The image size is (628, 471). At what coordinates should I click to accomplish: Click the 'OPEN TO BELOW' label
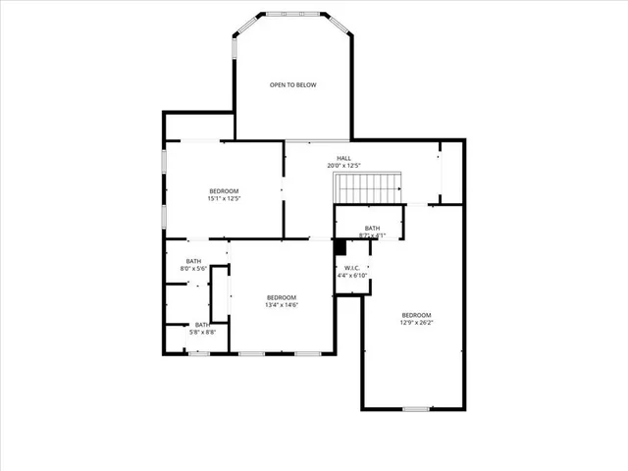click(293, 85)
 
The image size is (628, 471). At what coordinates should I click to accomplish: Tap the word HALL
click(343, 158)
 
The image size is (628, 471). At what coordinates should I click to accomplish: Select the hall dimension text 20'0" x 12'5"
click(343, 166)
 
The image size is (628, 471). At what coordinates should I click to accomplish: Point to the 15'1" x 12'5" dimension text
click(224, 198)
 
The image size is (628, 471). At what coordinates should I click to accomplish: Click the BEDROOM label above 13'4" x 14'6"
click(282, 297)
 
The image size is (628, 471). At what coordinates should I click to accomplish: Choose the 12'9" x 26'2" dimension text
click(416, 322)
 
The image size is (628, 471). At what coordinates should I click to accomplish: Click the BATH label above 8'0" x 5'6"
click(193, 260)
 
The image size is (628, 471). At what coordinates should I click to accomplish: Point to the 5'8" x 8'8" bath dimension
click(201, 333)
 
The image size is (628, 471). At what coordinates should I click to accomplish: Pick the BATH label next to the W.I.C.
click(372, 228)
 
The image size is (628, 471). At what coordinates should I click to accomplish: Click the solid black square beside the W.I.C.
click(340, 245)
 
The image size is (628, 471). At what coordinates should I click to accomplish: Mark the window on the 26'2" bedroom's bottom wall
click(415, 408)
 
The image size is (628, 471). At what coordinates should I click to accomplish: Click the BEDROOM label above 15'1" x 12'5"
click(224, 190)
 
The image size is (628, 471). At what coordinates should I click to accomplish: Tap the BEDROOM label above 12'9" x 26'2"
click(416, 314)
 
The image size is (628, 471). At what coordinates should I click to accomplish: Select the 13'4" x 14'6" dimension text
click(282, 305)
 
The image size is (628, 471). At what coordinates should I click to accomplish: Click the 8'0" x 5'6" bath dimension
click(193, 268)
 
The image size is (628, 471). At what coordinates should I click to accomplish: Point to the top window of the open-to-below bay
click(293, 14)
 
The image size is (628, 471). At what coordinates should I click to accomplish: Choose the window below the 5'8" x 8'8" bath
click(199, 352)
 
